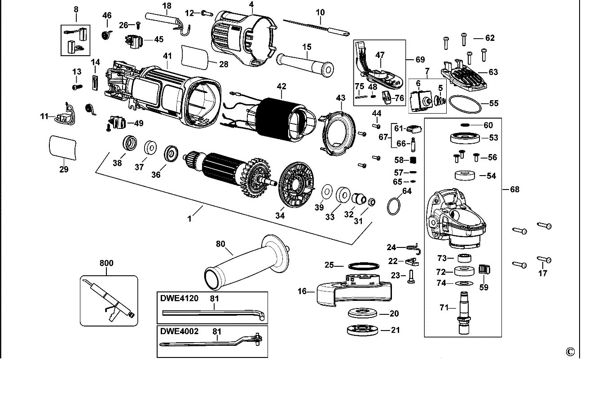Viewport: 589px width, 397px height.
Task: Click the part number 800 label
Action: coord(106,263)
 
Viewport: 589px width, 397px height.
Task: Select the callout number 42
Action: coord(281,85)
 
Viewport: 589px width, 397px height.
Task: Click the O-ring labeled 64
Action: coord(393,206)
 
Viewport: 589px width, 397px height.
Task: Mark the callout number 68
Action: coord(514,189)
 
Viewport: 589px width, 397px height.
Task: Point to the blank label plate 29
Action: coord(62,146)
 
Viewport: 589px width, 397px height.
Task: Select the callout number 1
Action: coord(190,219)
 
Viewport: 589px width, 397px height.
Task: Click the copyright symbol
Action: coord(570,352)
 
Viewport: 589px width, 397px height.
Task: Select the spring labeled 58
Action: coord(414,160)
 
